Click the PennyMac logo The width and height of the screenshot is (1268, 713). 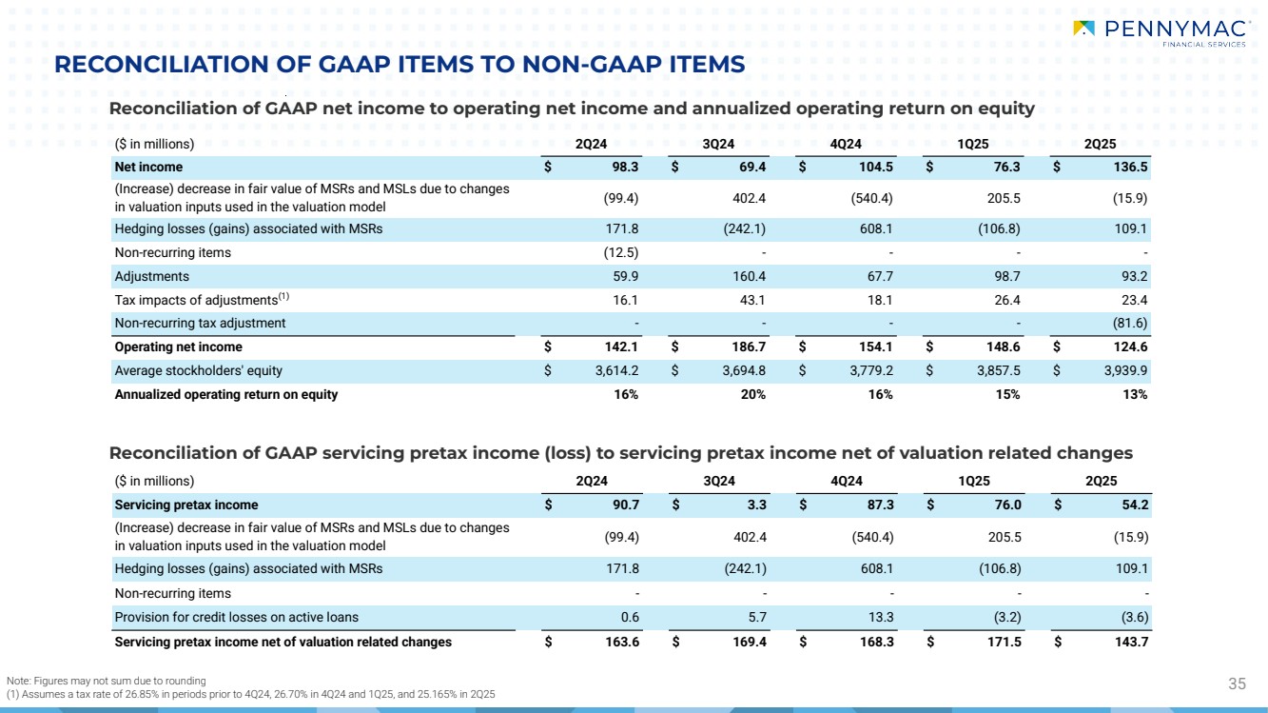(x=1158, y=32)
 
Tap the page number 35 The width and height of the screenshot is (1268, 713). (x=1237, y=683)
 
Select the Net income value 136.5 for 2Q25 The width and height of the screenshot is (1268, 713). (x=1131, y=167)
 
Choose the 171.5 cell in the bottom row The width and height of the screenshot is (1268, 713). (x=1005, y=642)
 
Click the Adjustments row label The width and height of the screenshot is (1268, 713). (x=151, y=276)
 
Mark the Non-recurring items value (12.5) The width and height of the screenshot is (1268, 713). (x=621, y=252)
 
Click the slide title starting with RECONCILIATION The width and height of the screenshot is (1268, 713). (x=400, y=64)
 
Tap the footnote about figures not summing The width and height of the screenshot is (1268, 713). (x=106, y=680)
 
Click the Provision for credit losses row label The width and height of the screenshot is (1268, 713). (x=236, y=617)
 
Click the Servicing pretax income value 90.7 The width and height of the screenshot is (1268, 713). (x=624, y=505)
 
